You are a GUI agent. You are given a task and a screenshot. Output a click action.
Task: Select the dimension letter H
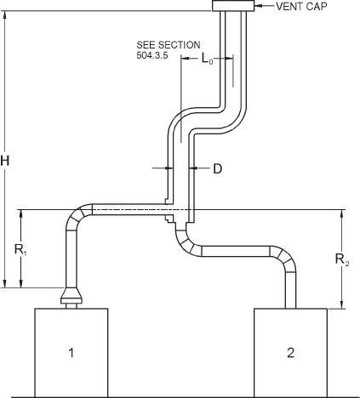tap(7, 159)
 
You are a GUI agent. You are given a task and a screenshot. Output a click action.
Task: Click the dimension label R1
tap(20, 250)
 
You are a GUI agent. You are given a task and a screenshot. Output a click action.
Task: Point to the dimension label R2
tap(340, 260)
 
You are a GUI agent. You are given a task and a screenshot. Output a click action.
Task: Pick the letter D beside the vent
tap(217, 169)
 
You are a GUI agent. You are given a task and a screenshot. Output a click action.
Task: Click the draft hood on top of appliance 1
tap(71, 297)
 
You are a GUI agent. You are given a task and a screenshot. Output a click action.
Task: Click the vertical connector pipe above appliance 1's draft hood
tap(71, 259)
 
